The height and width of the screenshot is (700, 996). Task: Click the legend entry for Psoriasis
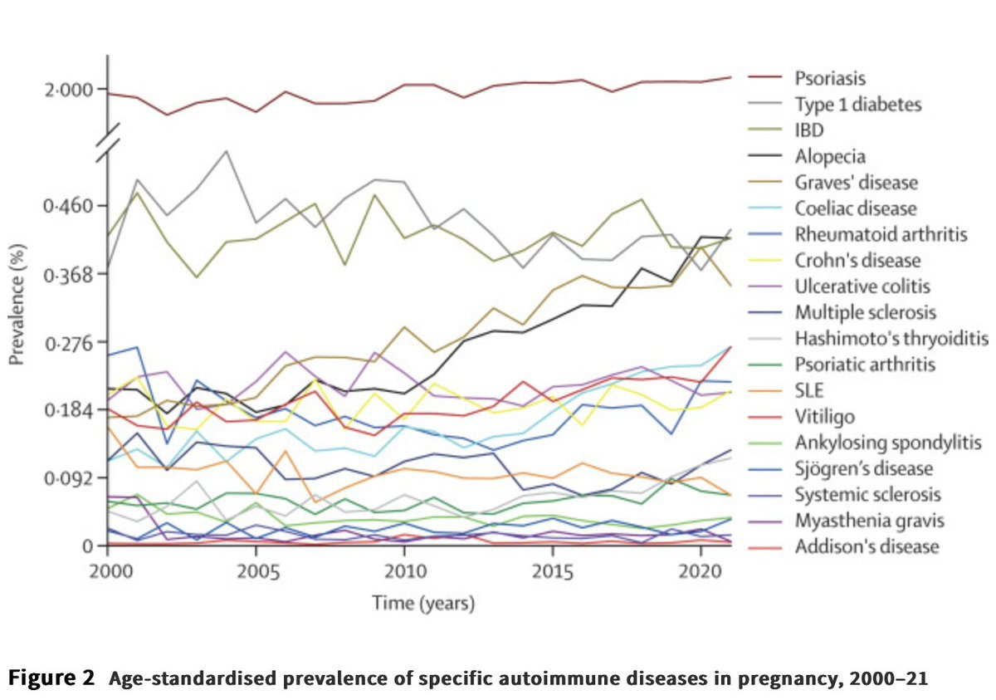(830, 79)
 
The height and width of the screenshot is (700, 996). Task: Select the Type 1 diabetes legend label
(857, 105)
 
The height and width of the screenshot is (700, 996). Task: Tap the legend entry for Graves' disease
(856, 182)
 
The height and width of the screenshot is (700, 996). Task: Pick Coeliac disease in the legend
(855, 208)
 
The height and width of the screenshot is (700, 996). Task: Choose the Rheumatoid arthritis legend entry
(881, 234)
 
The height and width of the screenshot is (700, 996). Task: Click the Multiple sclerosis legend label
(865, 312)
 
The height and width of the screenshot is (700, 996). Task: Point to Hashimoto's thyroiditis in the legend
(891, 338)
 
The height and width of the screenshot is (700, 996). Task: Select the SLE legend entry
(810, 390)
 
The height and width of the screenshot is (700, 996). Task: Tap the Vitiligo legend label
(824, 416)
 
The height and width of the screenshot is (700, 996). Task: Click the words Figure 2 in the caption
(51, 678)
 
